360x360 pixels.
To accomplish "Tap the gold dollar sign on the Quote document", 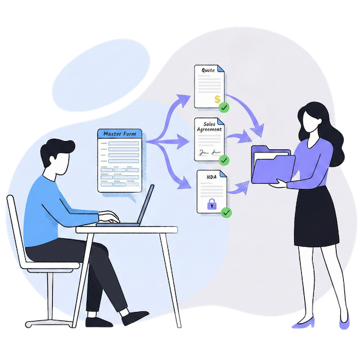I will (x=217, y=98).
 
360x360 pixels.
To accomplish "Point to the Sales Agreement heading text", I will (x=209, y=128).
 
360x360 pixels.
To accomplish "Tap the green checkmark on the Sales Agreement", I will (x=224, y=160).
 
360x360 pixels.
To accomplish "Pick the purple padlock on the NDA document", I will (x=211, y=205).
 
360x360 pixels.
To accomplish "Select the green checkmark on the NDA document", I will (x=226, y=212).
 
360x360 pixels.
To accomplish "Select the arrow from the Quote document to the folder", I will (x=252, y=114).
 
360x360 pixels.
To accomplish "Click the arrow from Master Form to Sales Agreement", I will (x=171, y=142).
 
